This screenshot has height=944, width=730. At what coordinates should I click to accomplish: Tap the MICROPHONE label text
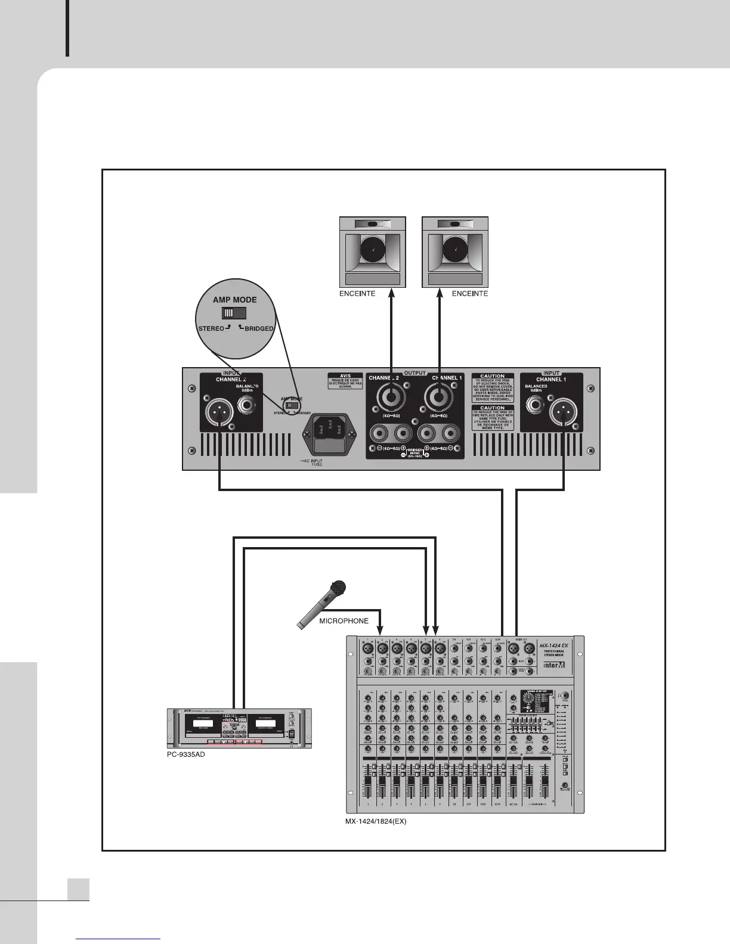click(x=344, y=621)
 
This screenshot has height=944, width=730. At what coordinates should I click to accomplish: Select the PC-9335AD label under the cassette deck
click(x=186, y=754)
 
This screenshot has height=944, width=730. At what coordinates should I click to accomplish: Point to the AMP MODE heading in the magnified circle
click(x=235, y=300)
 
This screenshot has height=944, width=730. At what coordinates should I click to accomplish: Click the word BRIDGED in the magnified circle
click(x=258, y=328)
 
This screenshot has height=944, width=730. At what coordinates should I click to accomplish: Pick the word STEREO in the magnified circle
click(x=211, y=328)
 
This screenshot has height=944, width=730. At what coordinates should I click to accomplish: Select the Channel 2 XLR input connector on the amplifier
click(x=220, y=412)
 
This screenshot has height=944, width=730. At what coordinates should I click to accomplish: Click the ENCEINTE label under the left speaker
click(x=357, y=294)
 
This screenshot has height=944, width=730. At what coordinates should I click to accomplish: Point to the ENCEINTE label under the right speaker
click(x=470, y=294)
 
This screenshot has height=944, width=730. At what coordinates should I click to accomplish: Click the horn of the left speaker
click(x=373, y=251)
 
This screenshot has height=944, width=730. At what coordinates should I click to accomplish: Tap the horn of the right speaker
click(x=455, y=251)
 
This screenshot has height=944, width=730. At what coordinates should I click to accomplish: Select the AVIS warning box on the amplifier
click(x=345, y=381)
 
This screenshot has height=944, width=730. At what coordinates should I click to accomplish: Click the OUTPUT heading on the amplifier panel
click(x=415, y=373)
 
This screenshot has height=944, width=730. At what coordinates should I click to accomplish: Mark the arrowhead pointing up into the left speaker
click(x=391, y=291)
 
